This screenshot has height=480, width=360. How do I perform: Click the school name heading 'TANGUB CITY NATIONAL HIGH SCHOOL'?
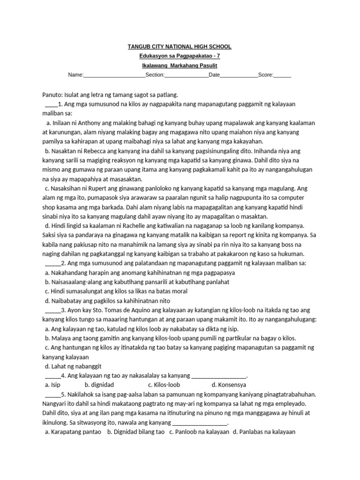[x=180, y=47]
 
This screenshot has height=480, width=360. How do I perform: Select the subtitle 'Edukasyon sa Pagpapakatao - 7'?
[x=180, y=56]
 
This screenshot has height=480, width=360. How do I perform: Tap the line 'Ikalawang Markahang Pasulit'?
[x=180, y=66]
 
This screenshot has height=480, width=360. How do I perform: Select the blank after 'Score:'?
[x=282, y=75]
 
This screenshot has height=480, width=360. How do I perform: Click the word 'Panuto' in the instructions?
[x=52, y=94]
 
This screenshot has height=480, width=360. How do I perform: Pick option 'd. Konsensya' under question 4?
[x=227, y=385]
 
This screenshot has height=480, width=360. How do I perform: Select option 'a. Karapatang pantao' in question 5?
[x=73, y=432]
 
